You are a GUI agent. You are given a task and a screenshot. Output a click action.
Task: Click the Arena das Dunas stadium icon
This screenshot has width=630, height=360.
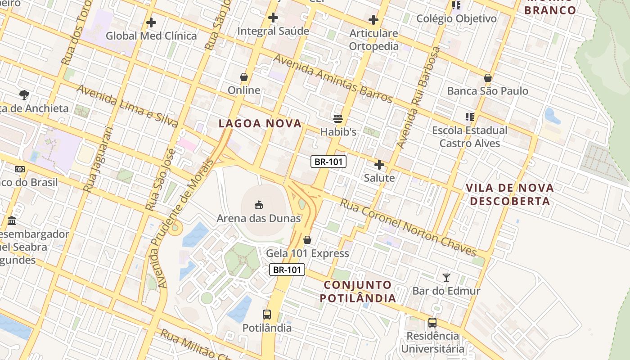[259, 205]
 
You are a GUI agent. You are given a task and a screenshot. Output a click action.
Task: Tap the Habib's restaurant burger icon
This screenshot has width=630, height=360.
[338, 119]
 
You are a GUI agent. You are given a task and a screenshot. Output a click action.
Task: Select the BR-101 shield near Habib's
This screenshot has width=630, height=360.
[328, 162]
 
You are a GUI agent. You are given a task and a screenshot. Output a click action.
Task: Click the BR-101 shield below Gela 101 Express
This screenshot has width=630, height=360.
[287, 270]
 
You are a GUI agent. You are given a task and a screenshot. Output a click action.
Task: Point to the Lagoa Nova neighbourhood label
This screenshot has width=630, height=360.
[260, 124]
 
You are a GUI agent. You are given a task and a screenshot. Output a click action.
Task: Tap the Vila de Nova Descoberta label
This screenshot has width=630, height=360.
[509, 194]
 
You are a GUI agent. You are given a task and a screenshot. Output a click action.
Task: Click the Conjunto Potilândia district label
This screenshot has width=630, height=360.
[358, 291]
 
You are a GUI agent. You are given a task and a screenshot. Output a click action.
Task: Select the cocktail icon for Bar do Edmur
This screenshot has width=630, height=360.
[446, 278]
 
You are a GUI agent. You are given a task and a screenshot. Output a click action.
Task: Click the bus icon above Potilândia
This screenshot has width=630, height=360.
[267, 315]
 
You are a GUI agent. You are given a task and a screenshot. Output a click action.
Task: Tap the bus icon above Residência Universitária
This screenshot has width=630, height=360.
[432, 323]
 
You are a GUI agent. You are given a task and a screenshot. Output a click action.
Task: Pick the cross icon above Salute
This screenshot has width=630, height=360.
[379, 165]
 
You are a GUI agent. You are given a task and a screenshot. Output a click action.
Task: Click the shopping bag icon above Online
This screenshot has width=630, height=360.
[244, 77]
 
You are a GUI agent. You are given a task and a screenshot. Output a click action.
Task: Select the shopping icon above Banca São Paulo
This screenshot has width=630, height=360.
[487, 78]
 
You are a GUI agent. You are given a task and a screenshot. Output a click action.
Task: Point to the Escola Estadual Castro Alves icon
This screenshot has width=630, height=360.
[470, 117]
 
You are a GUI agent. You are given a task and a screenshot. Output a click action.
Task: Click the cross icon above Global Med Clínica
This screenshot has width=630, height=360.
[151, 22]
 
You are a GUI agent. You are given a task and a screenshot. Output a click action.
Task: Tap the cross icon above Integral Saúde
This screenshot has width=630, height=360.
[273, 18]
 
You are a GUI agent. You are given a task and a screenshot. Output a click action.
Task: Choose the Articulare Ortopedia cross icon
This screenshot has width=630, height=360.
[373, 20]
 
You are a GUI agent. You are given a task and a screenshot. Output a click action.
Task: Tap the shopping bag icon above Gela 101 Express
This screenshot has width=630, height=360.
[307, 240]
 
